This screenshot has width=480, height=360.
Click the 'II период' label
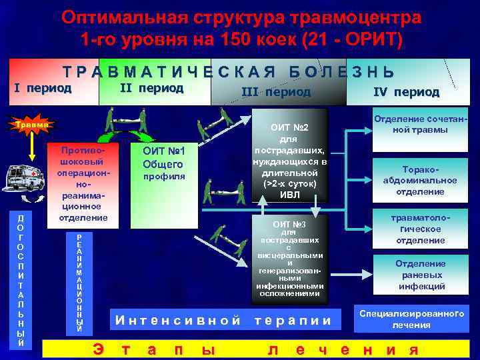(151, 88)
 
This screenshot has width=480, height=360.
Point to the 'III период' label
(276, 91)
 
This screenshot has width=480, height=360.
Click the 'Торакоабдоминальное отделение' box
(420, 181)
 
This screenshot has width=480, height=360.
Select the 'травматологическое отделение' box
(420, 229)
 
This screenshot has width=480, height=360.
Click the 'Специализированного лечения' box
(411, 319)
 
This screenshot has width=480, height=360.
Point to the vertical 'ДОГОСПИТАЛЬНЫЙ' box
(21, 280)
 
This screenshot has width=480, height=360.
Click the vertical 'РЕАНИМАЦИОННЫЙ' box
(79, 283)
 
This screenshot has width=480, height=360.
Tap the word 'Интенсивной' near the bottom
(178, 320)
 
